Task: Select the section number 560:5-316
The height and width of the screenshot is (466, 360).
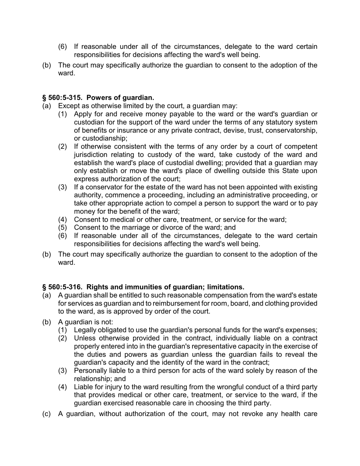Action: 65,287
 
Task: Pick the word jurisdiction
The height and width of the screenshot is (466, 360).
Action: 92,155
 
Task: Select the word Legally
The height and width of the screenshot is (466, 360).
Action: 86,330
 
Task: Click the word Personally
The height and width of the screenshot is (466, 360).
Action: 91,371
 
